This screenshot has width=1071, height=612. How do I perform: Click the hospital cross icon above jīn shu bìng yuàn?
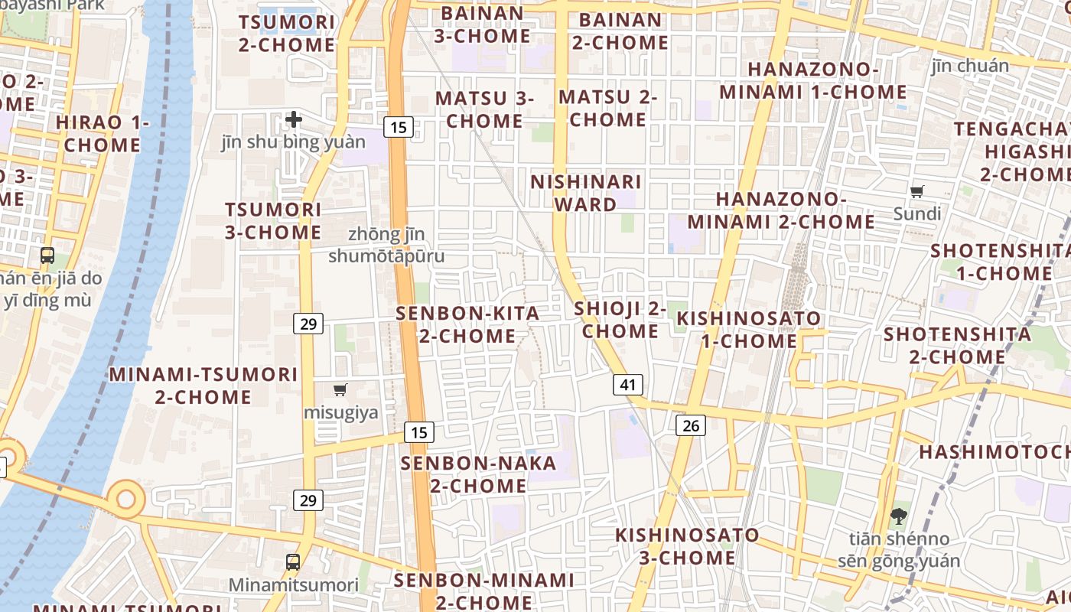[294, 119]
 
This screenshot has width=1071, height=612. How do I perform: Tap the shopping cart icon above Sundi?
[916, 191]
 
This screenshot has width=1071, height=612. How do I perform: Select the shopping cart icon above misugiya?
[340, 389]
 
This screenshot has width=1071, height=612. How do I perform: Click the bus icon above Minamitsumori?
[292, 562]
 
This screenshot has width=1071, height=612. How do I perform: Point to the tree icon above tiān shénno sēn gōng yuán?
[898, 516]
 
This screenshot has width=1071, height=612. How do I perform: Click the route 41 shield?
[627, 385]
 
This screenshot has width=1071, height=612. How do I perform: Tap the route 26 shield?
[690, 425]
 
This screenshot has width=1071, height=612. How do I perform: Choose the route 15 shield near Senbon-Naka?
[419, 432]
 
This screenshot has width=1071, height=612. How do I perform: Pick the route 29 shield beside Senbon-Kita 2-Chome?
[308, 324]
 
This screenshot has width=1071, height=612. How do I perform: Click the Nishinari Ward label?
[586, 193]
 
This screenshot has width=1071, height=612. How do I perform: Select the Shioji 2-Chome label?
[620, 320]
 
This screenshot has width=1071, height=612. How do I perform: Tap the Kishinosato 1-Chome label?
[749, 329]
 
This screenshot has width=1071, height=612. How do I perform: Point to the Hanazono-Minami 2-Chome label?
[781, 210]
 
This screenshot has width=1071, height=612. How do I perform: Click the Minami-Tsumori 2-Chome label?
[203, 386]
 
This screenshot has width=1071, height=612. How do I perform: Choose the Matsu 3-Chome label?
[484, 109]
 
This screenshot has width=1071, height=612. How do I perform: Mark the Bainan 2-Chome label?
[620, 31]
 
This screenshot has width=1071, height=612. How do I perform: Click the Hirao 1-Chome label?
[103, 133]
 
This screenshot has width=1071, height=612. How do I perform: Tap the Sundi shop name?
[916, 213]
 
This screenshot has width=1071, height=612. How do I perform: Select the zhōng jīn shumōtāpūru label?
[386, 245]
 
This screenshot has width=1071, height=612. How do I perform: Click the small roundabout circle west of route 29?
[125, 499]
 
